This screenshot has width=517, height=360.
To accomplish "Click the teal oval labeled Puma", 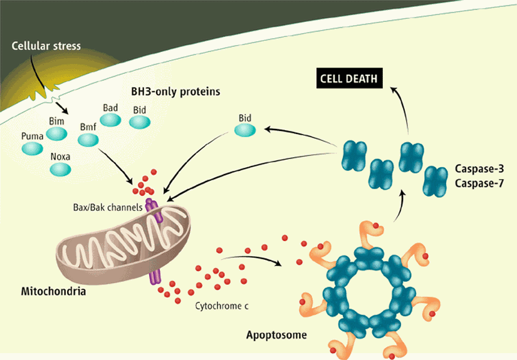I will [x=33, y=148].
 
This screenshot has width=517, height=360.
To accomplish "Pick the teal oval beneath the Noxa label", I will [x=60, y=169].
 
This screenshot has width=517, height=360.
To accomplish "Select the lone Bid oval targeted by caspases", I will [x=245, y=130].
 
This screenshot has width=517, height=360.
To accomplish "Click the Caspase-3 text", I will [x=479, y=170].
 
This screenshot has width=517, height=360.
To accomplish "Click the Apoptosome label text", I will [x=276, y=336].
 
